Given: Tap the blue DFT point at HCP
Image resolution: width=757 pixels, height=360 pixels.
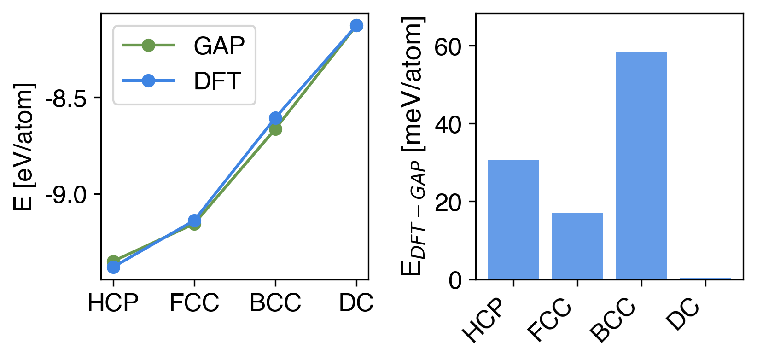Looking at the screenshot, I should click(x=113, y=267).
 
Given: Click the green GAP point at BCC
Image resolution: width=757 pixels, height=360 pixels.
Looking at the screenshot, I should click(x=275, y=129).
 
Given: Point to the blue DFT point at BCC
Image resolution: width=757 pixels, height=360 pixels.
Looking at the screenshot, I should click(x=275, y=118).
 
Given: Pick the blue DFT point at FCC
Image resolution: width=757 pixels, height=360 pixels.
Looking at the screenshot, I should click(x=194, y=221).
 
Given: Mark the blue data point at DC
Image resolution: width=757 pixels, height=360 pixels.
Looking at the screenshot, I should click(x=356, y=25).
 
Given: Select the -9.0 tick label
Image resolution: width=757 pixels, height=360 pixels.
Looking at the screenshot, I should click(x=66, y=195).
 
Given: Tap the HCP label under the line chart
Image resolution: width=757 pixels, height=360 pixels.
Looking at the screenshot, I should click(x=113, y=303).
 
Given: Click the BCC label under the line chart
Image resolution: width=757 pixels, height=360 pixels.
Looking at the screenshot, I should click(x=275, y=303).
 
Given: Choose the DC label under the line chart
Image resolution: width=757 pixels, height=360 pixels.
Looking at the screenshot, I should click(x=356, y=303).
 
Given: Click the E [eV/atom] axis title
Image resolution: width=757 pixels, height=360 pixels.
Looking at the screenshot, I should click(x=24, y=146).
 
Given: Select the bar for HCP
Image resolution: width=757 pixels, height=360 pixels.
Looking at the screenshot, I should click(x=513, y=220).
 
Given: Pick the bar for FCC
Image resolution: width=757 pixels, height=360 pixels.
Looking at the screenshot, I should click(x=577, y=246).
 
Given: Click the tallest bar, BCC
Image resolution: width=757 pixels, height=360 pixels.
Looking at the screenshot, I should click(x=641, y=166).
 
